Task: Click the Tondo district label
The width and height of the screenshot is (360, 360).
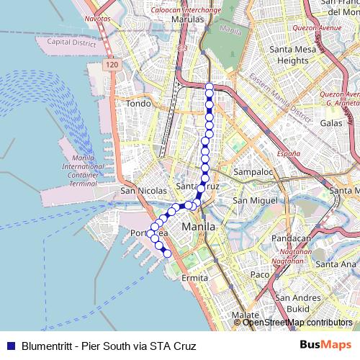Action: point(139,104)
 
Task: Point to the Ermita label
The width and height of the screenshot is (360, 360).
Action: point(194,277)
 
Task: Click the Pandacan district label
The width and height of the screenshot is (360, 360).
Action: point(297,238)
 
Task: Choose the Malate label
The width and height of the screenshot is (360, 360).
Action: point(246,315)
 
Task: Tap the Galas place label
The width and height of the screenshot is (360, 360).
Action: point(331,123)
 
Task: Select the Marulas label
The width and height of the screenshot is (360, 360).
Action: point(189,20)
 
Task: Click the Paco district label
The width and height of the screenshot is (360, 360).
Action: point(259,274)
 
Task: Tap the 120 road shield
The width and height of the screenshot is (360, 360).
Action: point(110,66)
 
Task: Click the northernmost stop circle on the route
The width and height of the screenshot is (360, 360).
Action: point(210,87)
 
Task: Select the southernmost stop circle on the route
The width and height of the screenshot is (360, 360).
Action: point(168,253)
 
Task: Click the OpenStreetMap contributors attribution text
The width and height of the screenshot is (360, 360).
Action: point(297,323)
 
